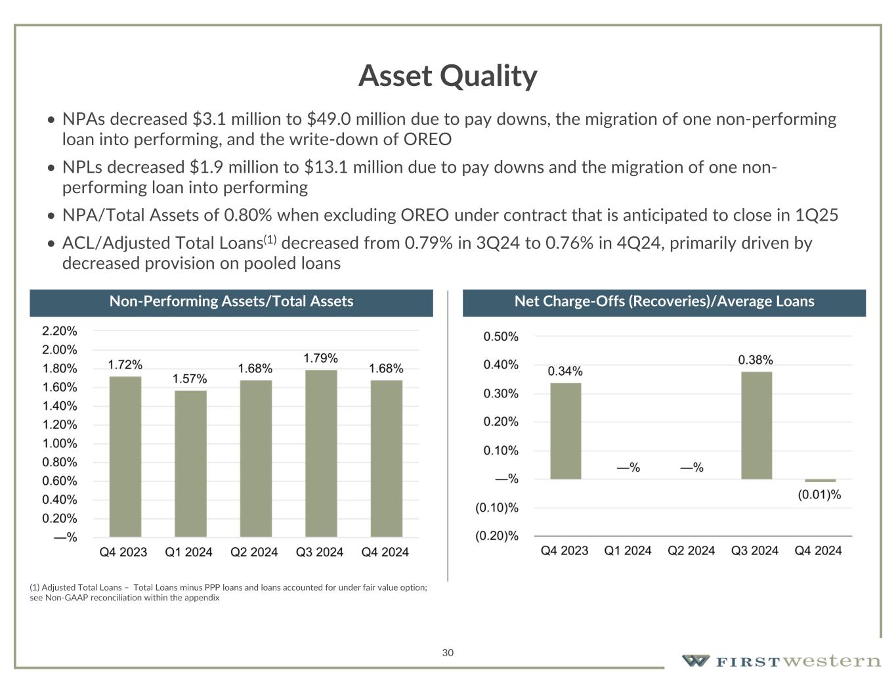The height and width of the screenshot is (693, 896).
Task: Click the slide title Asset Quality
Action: coord(448,76)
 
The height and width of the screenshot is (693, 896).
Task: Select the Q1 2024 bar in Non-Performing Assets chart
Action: coord(190,463)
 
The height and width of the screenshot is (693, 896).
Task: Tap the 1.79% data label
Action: coord(320,358)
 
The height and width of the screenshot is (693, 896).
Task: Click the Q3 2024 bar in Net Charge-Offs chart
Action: coord(756,425)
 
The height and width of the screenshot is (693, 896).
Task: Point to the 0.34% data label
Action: coord(565,371)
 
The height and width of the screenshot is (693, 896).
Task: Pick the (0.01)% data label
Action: coord(819,495)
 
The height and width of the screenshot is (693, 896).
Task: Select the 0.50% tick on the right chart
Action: coord(501,336)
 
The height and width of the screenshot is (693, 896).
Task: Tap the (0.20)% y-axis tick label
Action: coord(497,536)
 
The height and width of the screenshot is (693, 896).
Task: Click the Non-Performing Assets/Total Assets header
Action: coord(231,302)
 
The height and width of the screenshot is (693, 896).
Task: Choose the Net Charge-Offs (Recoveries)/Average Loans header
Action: coord(664,302)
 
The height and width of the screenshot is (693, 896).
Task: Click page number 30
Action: coord(448,652)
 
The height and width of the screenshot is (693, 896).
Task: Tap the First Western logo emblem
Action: coord(694,661)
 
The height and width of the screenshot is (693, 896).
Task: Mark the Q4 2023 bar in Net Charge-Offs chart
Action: coord(565,430)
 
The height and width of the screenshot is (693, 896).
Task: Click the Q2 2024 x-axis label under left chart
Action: coord(254,552)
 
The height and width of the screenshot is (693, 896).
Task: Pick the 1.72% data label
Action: coord(125,365)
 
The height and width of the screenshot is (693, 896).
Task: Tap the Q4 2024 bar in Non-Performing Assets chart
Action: coord(386,458)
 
